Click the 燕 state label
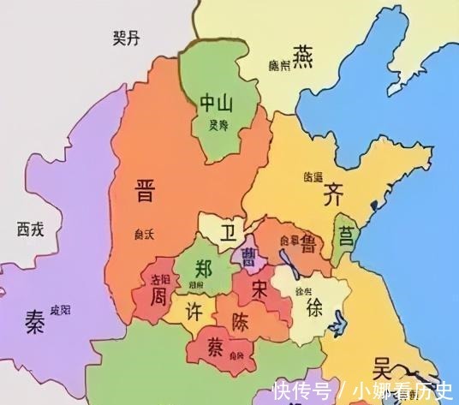pos(304,56)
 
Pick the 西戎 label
pos(30,229)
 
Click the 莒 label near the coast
pos(346,234)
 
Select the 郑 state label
pos(204,265)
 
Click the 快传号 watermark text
pos(301,392)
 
